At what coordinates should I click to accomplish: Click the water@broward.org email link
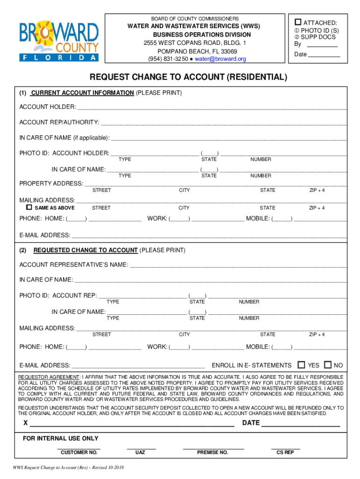[x=220, y=59]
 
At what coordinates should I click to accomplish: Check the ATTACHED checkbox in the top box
[x=298, y=22]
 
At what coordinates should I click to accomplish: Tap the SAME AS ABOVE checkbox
[x=29, y=207]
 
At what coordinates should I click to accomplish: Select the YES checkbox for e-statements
[x=302, y=365]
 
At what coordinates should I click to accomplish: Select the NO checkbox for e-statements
[x=328, y=365]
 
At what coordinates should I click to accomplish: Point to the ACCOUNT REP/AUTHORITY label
[x=59, y=123]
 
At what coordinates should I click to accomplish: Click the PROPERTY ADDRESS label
[x=51, y=183]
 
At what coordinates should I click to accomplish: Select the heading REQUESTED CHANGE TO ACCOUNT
[x=86, y=250]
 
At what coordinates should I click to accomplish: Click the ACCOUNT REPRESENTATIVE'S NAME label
[x=73, y=265]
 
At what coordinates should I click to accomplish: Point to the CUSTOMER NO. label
[x=79, y=453]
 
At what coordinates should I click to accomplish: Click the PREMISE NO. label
[x=212, y=453]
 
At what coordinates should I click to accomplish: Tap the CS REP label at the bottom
[x=285, y=453]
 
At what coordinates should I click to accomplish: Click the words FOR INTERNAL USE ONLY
[x=61, y=438]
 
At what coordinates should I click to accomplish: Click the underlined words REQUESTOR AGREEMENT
[x=49, y=377]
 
